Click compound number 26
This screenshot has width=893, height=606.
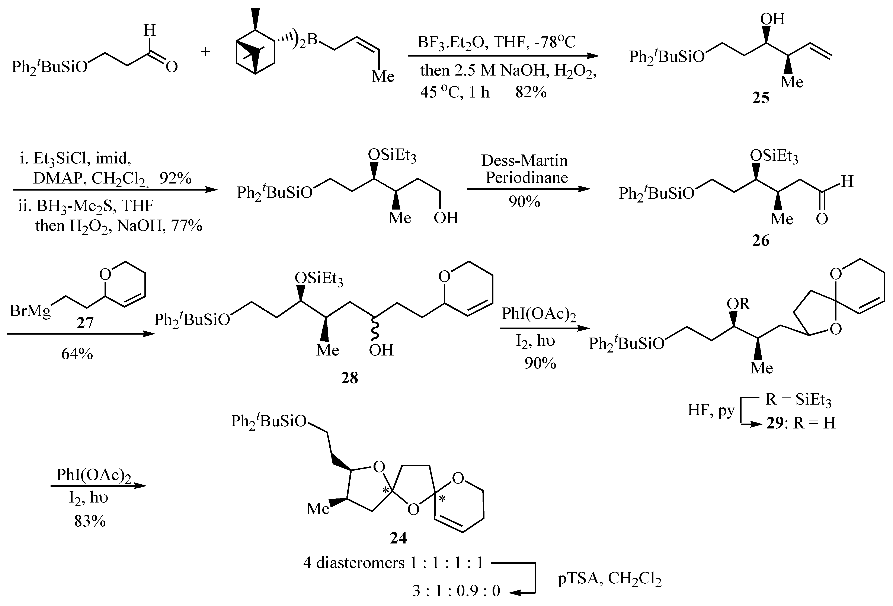[x=761, y=240]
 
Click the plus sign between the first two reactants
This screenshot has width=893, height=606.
[x=206, y=51]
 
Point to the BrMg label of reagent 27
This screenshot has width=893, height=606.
[x=30, y=310]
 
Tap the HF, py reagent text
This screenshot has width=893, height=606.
[x=711, y=410]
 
